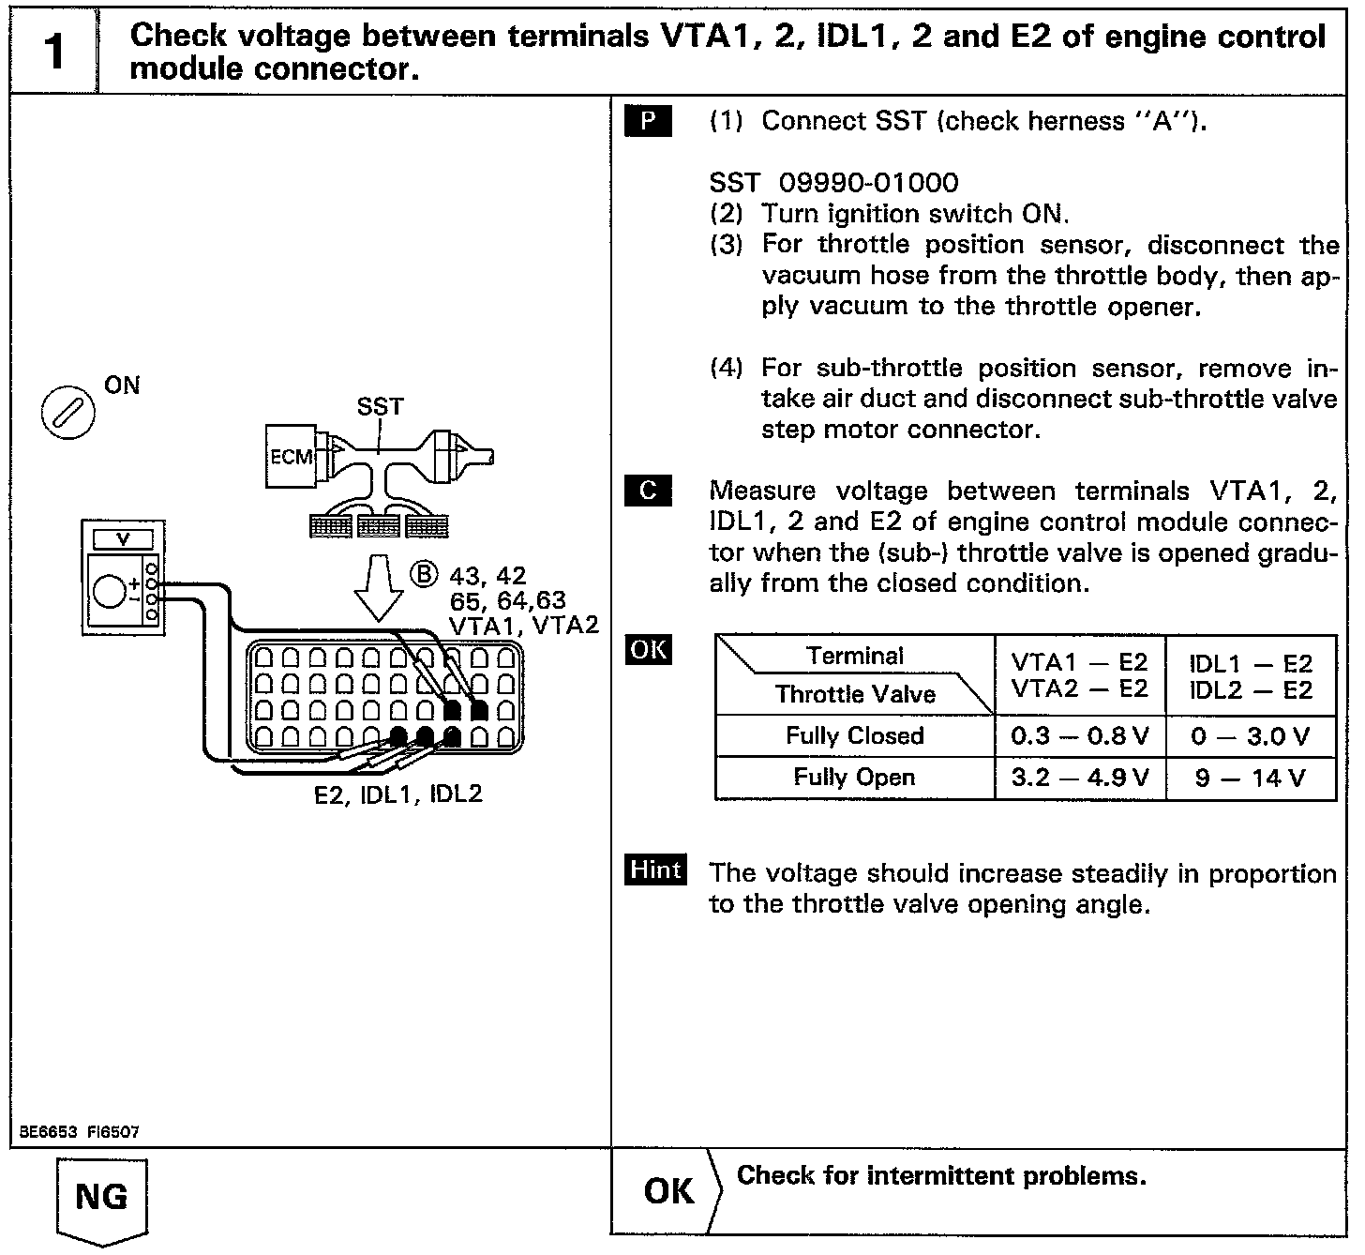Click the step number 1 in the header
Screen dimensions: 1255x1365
pyautogui.click(x=53, y=52)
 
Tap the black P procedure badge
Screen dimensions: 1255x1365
pyautogui.click(x=648, y=122)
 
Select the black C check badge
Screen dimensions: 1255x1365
pyautogui.click(x=648, y=491)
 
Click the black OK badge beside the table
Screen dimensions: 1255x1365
pyautogui.click(x=649, y=650)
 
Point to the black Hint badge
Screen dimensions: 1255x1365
pyautogui.click(x=656, y=870)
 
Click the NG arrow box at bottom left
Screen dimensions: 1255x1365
pyautogui.click(x=102, y=1200)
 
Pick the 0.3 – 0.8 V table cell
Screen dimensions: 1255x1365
pyautogui.click(x=1080, y=736)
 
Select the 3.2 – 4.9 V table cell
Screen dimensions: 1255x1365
pyautogui.click(x=1080, y=778)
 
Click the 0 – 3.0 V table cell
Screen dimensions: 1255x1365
pyautogui.click(x=1251, y=736)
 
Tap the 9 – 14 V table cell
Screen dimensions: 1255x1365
pyautogui.click(x=1251, y=778)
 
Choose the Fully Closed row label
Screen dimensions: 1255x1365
pyautogui.click(x=854, y=736)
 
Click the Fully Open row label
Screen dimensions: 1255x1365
pyautogui.click(x=854, y=778)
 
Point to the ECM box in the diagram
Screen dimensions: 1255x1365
pyautogui.click(x=290, y=457)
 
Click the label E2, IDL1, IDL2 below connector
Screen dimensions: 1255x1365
pyautogui.click(x=398, y=795)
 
